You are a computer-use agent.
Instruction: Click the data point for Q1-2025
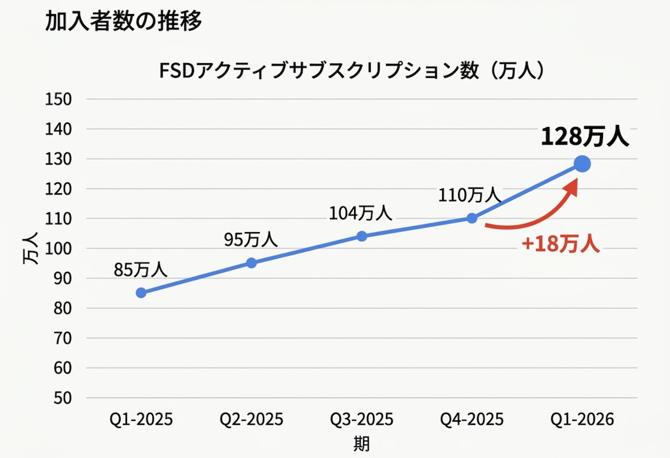[x=141, y=293]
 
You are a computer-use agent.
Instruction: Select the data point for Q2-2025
[x=251, y=263]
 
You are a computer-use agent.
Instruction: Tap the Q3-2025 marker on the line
[x=362, y=236]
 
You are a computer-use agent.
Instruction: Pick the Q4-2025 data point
[x=472, y=218]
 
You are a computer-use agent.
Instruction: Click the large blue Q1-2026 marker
[x=582, y=164]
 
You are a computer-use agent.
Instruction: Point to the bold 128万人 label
[x=584, y=137]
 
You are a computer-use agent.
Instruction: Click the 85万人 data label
[x=140, y=269]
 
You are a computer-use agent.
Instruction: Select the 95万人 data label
[x=251, y=239]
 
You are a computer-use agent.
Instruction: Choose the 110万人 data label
[x=471, y=195]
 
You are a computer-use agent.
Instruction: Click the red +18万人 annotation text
[x=561, y=245]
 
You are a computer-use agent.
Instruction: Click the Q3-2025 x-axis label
[x=362, y=420]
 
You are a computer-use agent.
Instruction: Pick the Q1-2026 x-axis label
[x=582, y=420]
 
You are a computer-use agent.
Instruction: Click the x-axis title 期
[x=362, y=443]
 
